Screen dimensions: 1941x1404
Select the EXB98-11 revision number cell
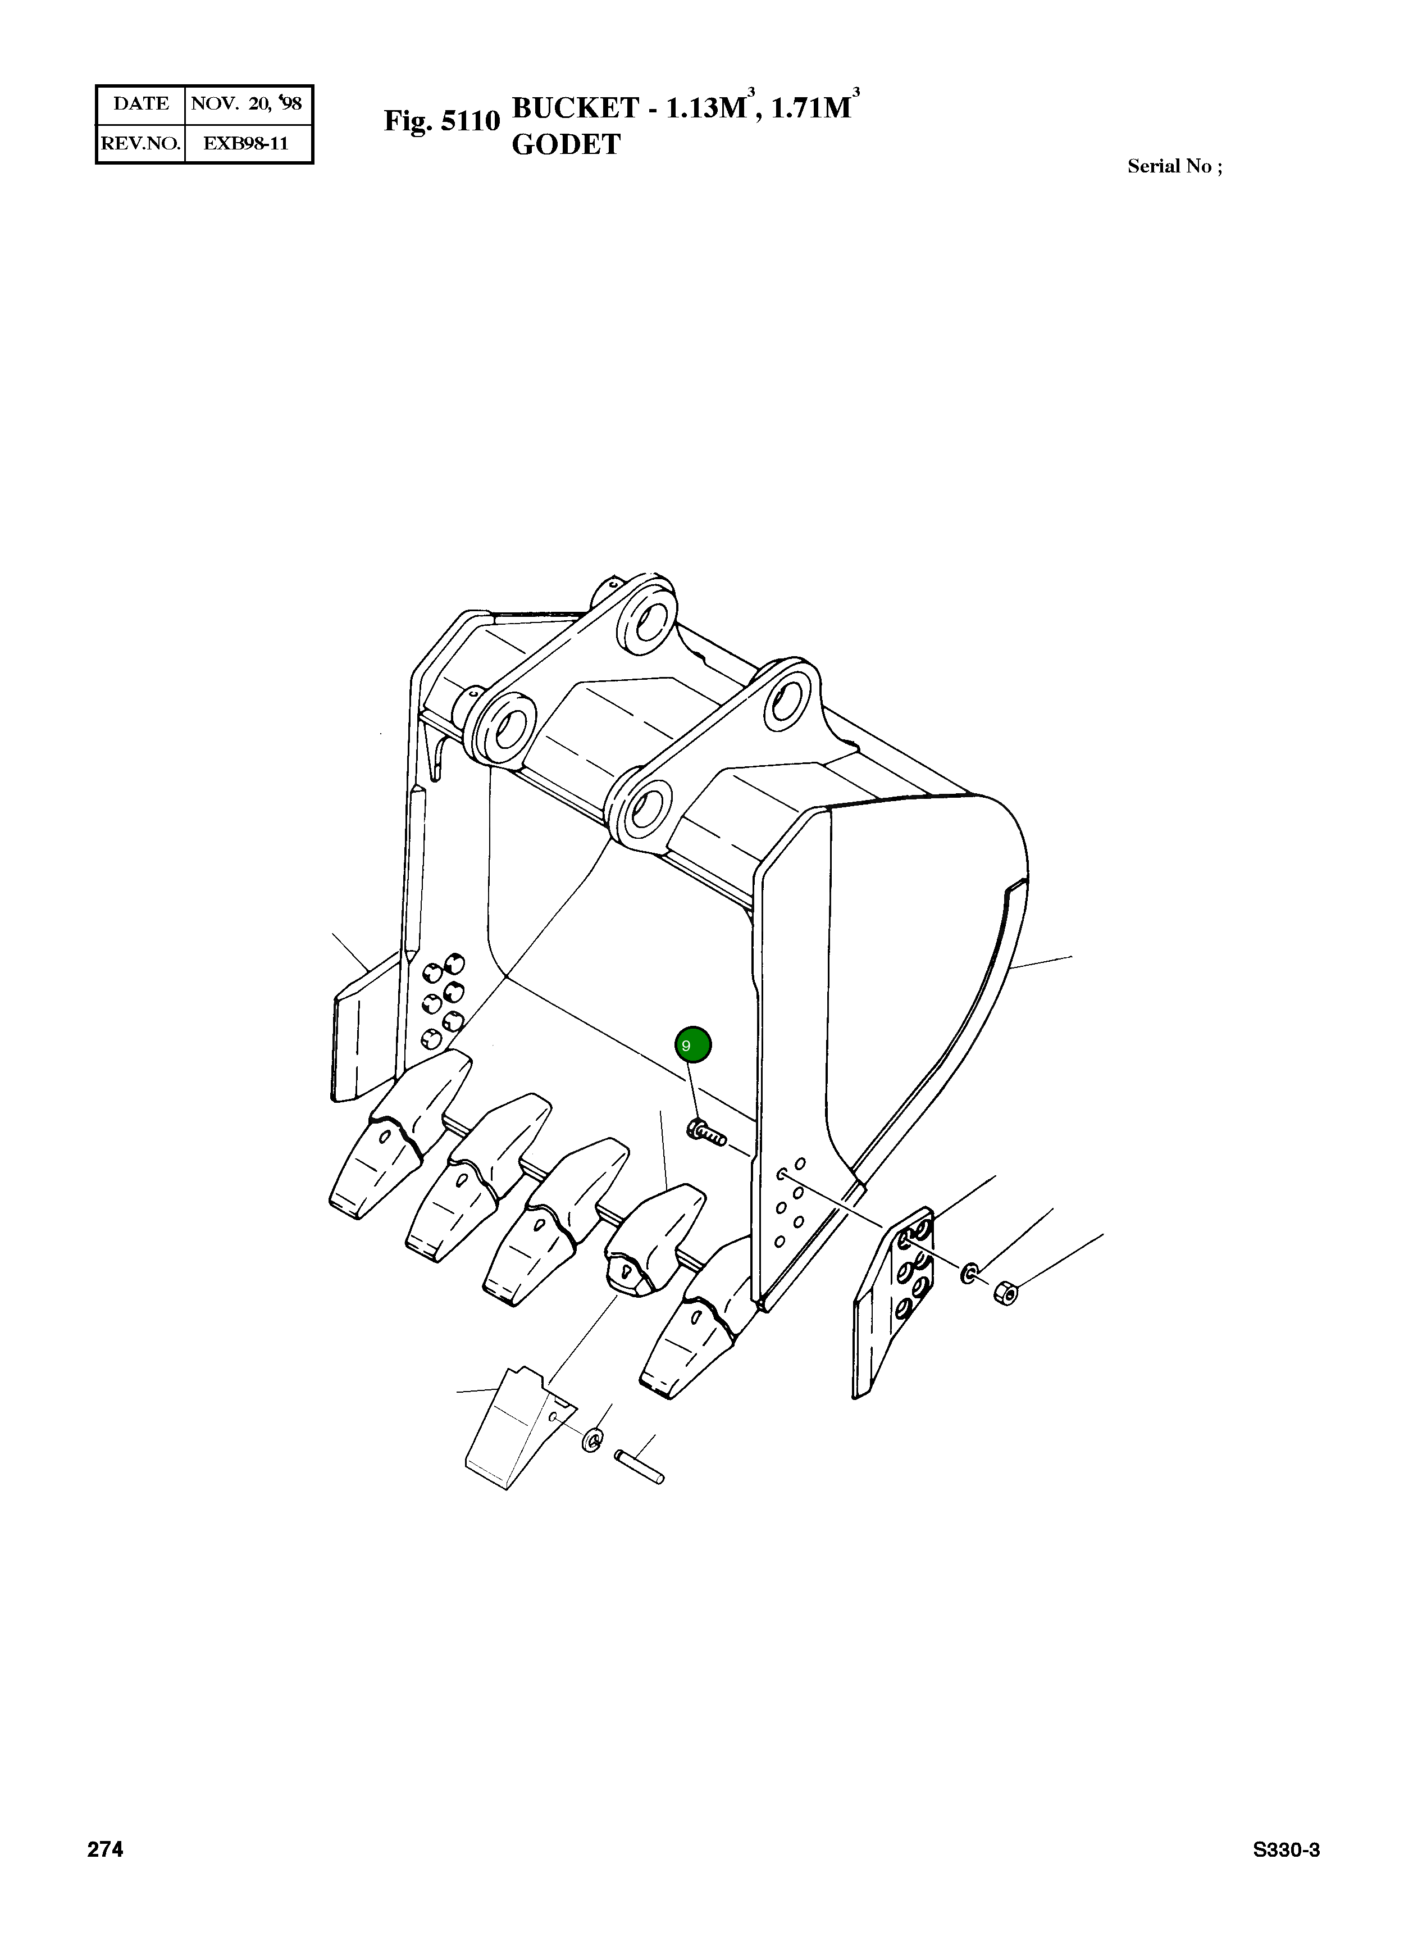[x=247, y=143]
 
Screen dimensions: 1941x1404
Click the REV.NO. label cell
[x=140, y=143]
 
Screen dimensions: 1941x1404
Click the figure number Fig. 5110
[x=441, y=121]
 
